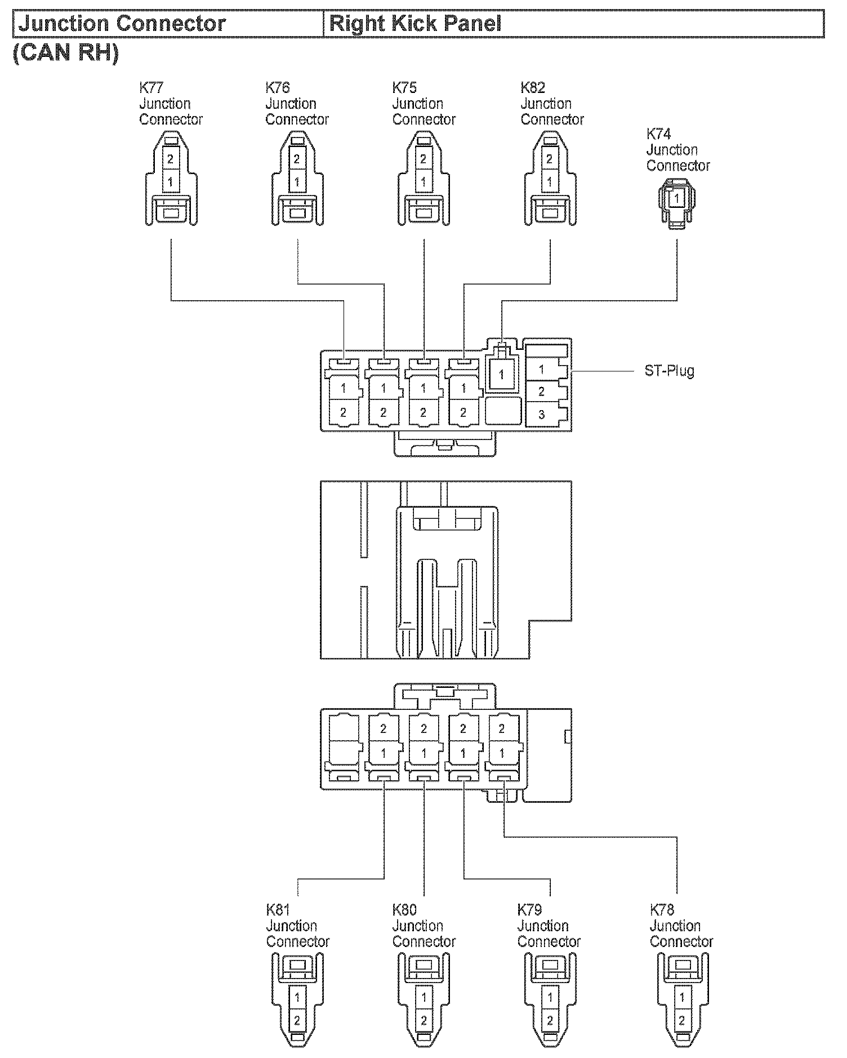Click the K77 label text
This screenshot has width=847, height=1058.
(x=151, y=88)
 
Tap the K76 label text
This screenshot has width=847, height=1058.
(x=278, y=88)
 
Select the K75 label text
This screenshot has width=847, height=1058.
(x=404, y=88)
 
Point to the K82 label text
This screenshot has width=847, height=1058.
(x=533, y=88)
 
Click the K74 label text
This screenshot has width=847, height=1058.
(x=658, y=134)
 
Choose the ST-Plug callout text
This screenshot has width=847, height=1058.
(x=669, y=371)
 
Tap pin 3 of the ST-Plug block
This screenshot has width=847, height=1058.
(x=541, y=415)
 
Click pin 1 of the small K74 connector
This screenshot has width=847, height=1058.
(x=676, y=198)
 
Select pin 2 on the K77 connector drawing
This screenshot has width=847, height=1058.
(x=170, y=160)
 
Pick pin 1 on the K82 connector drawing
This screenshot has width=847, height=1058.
(x=550, y=183)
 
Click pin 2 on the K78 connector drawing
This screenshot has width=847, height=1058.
(x=682, y=1020)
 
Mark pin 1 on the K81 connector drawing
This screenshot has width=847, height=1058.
(x=297, y=998)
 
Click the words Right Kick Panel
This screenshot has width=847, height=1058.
(x=415, y=24)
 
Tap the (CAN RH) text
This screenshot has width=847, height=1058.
(x=66, y=53)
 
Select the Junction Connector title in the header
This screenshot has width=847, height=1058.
(x=122, y=24)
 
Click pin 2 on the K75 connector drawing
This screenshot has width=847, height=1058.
(x=423, y=160)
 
